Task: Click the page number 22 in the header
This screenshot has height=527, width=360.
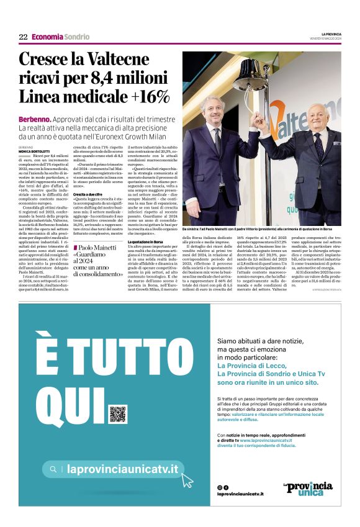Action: point(22,37)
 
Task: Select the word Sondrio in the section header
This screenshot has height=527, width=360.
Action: point(76,37)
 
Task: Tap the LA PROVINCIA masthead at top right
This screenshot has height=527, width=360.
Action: point(330,34)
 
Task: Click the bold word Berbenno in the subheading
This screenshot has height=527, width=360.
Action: point(35,119)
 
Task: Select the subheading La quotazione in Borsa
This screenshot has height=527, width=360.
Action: point(145,241)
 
